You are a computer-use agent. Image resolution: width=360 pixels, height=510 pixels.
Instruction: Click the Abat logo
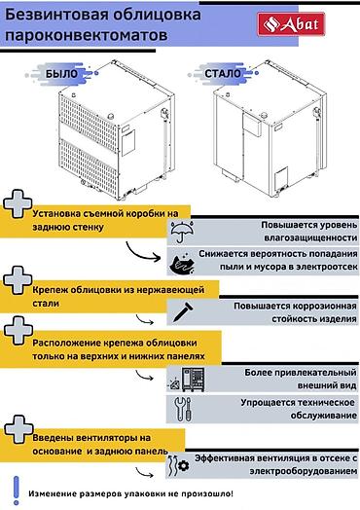tap(291, 24)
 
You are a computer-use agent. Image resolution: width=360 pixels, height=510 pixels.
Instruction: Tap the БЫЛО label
tap(62, 74)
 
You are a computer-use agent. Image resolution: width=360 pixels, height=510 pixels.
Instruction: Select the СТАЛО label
tap(223, 74)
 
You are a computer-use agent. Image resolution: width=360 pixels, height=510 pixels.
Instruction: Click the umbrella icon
tap(182, 232)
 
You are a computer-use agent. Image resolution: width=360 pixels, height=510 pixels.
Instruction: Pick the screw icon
tap(183, 312)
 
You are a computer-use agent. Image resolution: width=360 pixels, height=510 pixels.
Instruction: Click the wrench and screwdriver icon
tap(183, 409)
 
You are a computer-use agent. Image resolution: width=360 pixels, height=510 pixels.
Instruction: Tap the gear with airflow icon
tap(178, 466)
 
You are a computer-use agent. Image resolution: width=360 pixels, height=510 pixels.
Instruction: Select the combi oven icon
tap(187, 380)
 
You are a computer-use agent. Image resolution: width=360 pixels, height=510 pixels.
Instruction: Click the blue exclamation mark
tap(17, 491)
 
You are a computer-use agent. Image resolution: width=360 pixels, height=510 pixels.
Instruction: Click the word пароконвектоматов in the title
tap(87, 35)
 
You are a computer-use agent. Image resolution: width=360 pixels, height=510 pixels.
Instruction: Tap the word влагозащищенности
tap(310, 237)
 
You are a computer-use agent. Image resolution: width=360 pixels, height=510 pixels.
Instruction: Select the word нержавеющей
tap(170, 290)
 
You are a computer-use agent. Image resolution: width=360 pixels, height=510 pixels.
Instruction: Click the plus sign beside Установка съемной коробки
tap(18, 203)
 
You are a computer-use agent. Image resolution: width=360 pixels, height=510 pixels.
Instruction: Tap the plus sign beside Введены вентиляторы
tap(18, 429)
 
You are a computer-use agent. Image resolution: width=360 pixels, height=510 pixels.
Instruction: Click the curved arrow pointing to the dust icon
tap(140, 254)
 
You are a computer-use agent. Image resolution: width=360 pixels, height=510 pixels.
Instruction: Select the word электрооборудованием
tap(304, 471)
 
